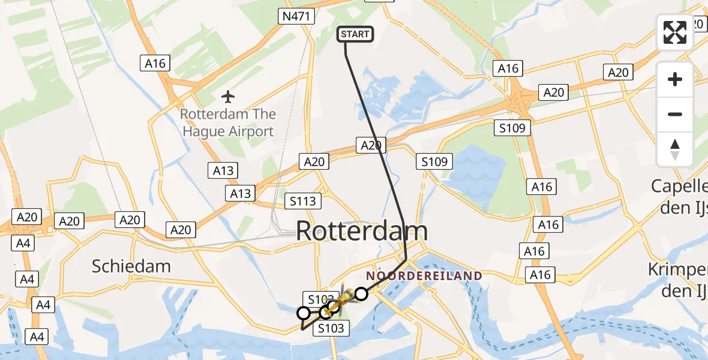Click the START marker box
coord(356,34)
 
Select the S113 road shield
coord(303,201)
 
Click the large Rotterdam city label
coord(362,231)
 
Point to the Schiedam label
coord(131,266)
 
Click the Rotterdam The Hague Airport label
coord(229,122)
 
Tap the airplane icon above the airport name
coord(227,96)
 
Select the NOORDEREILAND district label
coord(424,276)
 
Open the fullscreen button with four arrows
coord(675,32)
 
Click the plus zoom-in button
coord(675,79)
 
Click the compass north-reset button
coord(675,149)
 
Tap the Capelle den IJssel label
coord(681,196)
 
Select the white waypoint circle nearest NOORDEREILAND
coord(361,293)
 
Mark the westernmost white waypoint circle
coord(304,313)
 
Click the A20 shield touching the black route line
coord(370,144)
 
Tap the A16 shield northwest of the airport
coord(155,63)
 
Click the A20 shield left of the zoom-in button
coord(618,73)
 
